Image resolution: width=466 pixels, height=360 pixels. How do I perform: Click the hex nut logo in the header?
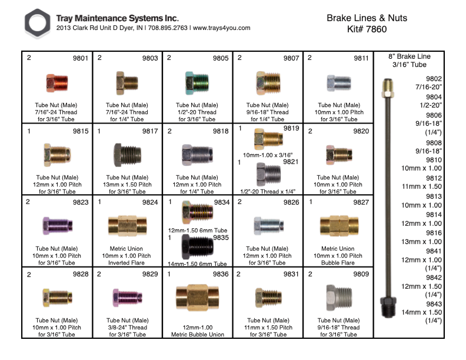(38, 24)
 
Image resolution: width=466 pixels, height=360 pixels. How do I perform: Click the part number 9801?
(80, 58)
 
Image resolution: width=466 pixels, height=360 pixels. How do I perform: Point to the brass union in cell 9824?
(127, 225)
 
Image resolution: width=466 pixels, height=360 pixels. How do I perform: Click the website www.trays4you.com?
(222, 28)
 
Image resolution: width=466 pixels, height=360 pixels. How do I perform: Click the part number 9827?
(360, 202)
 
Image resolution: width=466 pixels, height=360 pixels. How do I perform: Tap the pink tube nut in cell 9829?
(126, 298)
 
